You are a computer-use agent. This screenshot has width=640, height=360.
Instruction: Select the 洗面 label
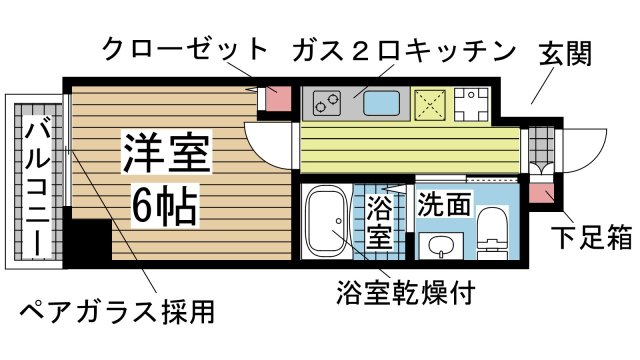pos(444,204)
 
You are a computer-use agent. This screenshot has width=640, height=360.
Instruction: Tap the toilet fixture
pos(491,231)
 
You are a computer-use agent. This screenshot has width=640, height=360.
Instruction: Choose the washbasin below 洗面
pos(439,244)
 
